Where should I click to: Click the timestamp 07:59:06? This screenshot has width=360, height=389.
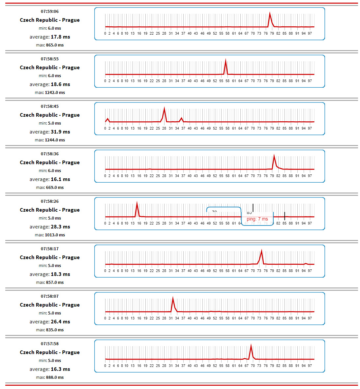(x=50, y=12)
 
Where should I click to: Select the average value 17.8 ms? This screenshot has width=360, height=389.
(x=60, y=37)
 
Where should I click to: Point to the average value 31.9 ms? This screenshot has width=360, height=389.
(x=60, y=132)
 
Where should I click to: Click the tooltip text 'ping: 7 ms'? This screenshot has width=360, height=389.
(x=257, y=219)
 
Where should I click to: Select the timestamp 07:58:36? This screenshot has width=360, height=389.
(x=50, y=154)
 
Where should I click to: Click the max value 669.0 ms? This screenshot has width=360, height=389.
(x=55, y=188)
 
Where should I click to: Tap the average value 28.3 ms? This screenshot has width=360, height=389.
(x=60, y=227)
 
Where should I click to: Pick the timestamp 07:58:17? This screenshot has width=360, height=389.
(x=50, y=249)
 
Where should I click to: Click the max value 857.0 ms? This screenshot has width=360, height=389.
(x=55, y=283)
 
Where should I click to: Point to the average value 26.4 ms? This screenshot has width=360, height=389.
(x=60, y=322)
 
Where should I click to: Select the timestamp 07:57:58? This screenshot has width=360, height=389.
(x=50, y=344)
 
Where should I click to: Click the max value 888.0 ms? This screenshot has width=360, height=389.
(x=55, y=377)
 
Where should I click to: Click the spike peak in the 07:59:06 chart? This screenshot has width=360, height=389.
(x=270, y=13)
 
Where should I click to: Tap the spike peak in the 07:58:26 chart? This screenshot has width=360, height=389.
(x=137, y=203)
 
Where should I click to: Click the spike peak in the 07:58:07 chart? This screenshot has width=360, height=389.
(x=173, y=298)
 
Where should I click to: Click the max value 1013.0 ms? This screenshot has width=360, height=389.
(x=55, y=235)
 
